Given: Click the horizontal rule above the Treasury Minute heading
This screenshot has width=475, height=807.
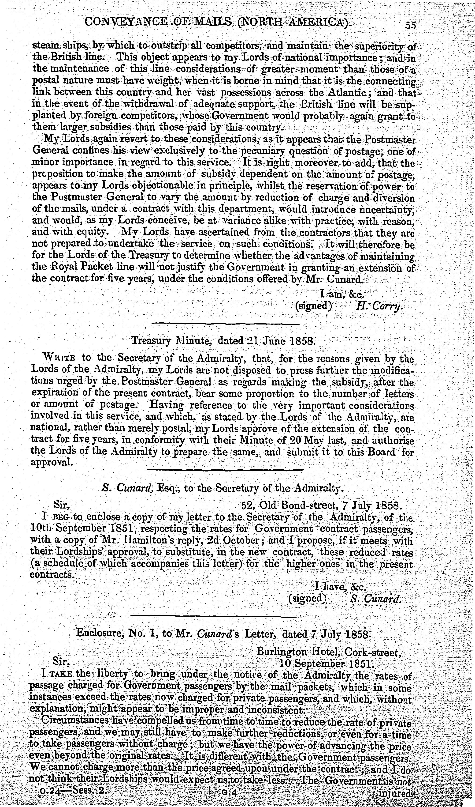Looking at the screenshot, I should point(225,324).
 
